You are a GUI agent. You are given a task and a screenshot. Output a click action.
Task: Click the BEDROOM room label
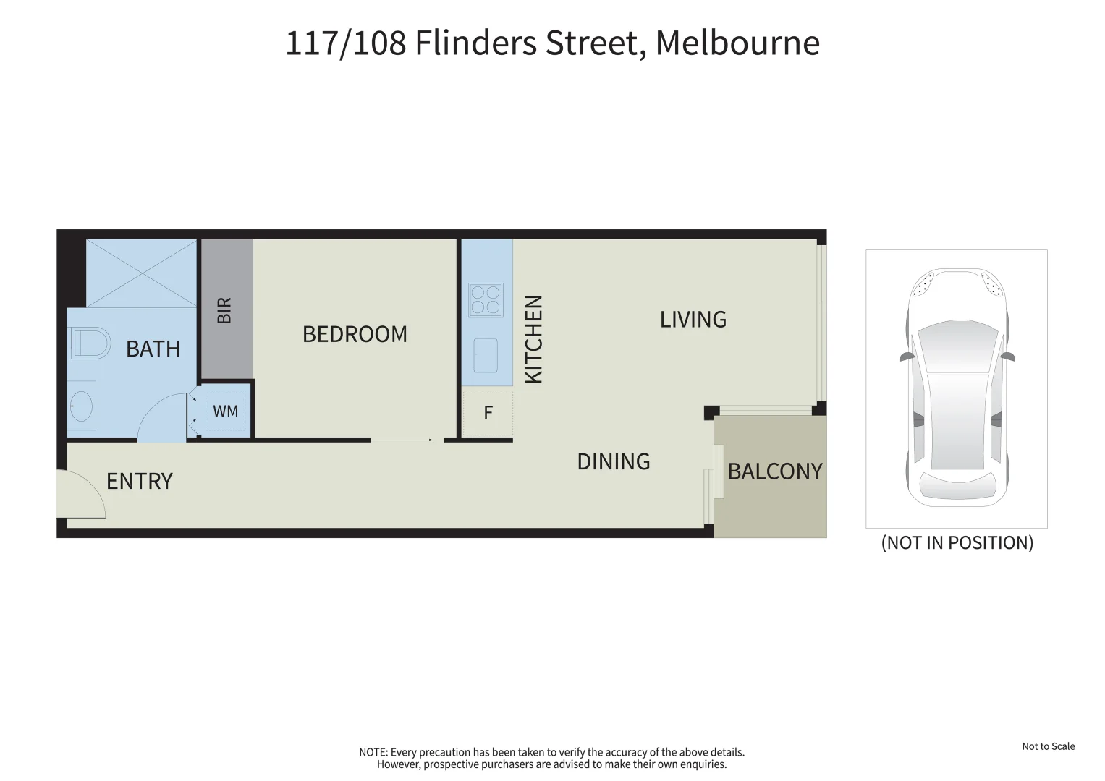(355, 334)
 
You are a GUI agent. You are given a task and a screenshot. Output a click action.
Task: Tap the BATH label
(153, 349)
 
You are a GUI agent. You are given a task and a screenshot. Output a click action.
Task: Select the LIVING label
(693, 319)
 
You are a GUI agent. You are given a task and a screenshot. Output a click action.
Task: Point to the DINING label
(613, 461)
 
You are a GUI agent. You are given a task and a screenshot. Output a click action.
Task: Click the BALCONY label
(774, 471)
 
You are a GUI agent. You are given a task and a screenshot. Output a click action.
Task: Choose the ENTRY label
(139, 481)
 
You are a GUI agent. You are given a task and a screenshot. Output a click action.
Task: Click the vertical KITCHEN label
(533, 339)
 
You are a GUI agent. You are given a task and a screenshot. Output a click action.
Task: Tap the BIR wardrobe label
(224, 310)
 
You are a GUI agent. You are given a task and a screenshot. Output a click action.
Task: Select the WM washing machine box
(225, 411)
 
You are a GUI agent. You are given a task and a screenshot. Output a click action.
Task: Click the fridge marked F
(488, 413)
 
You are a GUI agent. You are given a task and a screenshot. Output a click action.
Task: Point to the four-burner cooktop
(486, 299)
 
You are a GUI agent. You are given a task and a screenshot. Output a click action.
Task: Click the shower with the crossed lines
(142, 273)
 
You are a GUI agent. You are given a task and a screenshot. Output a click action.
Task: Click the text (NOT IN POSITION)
(957, 542)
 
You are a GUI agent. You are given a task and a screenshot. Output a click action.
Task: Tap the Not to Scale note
(1048, 746)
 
